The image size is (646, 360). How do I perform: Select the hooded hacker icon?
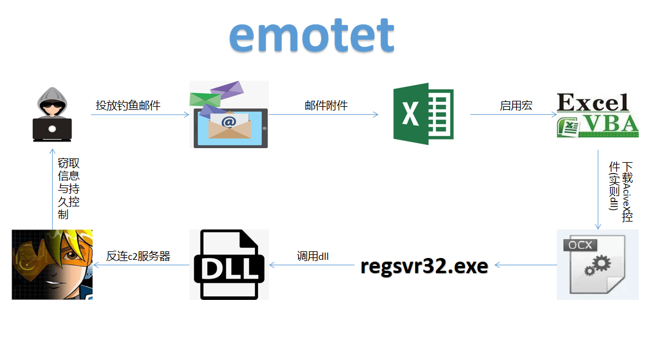coord(52,114)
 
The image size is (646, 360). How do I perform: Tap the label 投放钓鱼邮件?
coord(128,105)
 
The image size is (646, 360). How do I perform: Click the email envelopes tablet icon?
coord(229,115)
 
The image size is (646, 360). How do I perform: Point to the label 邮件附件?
coord(326,105)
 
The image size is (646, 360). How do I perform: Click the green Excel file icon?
coord(423,114)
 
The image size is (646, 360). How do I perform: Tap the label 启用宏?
coord(516,105)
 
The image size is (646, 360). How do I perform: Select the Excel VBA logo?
coord(597,115)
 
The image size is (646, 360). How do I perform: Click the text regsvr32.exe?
coord(424,266)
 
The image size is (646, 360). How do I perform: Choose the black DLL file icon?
coord(229,265)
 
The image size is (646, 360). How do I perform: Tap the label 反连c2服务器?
coord(138,256)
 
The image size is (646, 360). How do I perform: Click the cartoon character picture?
coord(52,265)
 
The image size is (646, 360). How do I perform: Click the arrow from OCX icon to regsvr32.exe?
coord(526,265)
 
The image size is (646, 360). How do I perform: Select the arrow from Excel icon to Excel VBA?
coord(514,114)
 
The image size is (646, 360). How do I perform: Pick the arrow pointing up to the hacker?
coord(52,188)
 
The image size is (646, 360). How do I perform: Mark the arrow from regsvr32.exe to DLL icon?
coord(312,265)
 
